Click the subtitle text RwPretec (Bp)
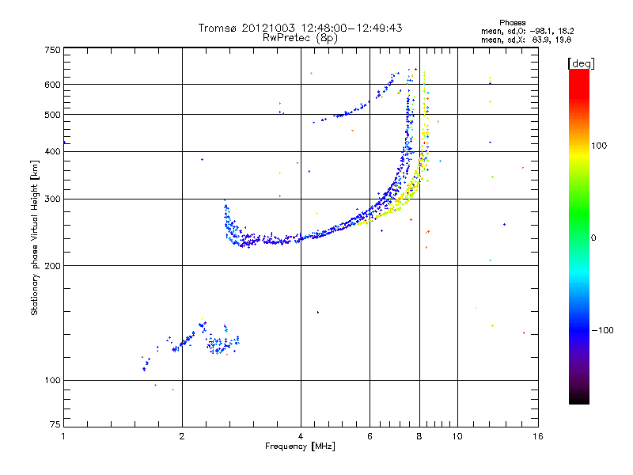pyautogui.click(x=301, y=37)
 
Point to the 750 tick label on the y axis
pyautogui.click(x=52, y=50)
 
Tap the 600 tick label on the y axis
pyautogui.click(x=52, y=84)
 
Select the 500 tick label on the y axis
pyautogui.click(x=52, y=115)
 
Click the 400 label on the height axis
pyautogui.click(x=52, y=151)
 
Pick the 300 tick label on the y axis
pyautogui.click(x=52, y=199)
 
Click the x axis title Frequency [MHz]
pyautogui.click(x=300, y=447)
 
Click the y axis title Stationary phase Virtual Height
pyautogui.click(x=35, y=237)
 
